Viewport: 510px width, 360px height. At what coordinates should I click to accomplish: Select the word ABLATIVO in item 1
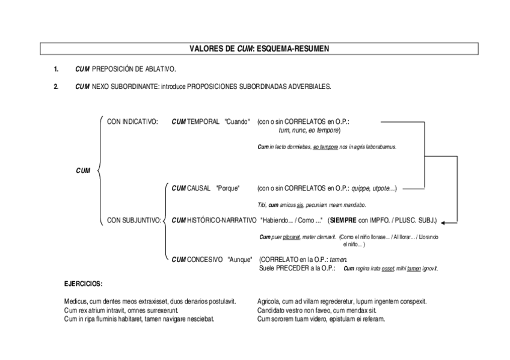[161, 70]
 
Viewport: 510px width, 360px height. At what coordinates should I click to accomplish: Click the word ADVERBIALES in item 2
[310, 87]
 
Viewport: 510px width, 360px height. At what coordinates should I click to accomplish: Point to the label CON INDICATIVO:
[132, 121]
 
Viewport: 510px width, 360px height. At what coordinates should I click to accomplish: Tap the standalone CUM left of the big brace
[82, 171]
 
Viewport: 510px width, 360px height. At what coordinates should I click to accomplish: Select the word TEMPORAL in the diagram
[203, 121]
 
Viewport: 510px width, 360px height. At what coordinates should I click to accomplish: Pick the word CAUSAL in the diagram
[198, 188]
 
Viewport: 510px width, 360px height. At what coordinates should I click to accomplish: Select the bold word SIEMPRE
[344, 220]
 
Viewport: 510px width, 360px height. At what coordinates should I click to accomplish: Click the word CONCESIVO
[204, 260]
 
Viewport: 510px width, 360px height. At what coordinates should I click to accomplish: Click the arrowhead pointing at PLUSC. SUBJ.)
[445, 221]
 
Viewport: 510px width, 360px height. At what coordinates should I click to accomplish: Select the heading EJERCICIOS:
[83, 284]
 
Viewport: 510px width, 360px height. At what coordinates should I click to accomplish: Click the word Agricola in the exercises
[269, 302]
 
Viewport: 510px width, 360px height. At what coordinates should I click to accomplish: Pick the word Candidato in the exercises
[271, 310]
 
